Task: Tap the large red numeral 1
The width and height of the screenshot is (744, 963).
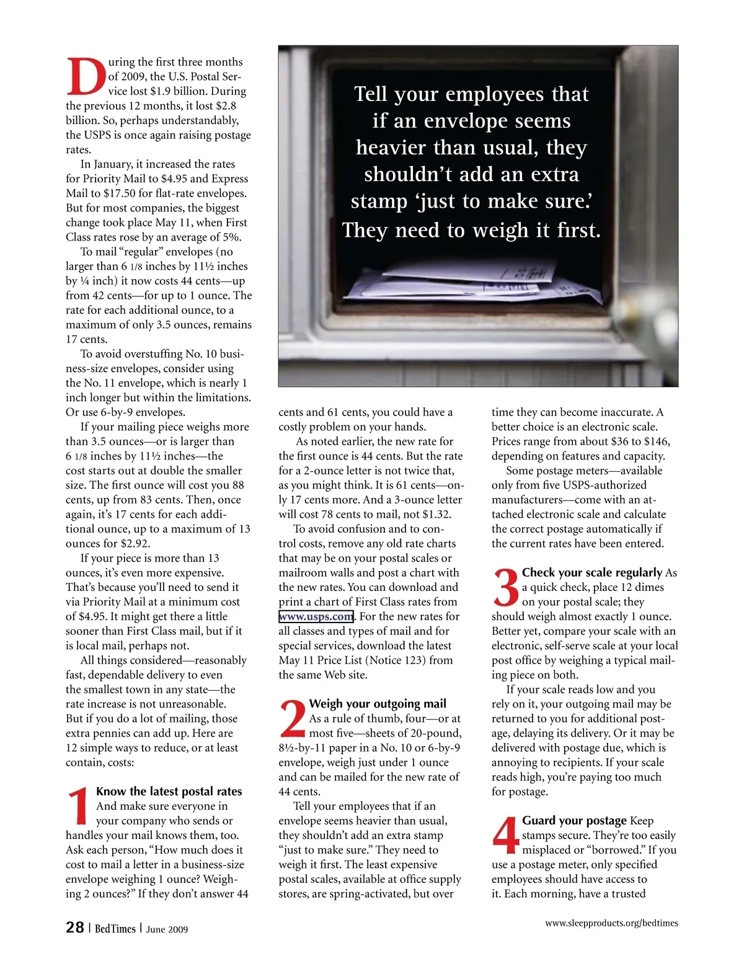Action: [x=79, y=806]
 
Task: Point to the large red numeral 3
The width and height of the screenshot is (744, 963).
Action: [x=505, y=588]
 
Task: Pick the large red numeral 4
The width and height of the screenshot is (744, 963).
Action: [x=505, y=835]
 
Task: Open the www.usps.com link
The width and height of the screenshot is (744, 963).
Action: [x=316, y=616]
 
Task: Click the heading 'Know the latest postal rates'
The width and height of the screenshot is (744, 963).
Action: [x=169, y=791]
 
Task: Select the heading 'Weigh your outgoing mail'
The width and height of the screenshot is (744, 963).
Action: [x=378, y=704]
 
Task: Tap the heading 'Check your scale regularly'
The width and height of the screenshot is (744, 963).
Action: [x=592, y=572]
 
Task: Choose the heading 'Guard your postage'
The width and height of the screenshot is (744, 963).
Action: [x=574, y=820]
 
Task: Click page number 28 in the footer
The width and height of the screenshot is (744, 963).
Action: [x=74, y=927]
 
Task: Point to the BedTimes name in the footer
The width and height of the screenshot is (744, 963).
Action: [x=115, y=928]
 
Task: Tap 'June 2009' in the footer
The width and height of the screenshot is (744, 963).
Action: [x=167, y=929]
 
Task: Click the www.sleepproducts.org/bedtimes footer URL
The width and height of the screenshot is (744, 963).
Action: [x=611, y=923]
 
